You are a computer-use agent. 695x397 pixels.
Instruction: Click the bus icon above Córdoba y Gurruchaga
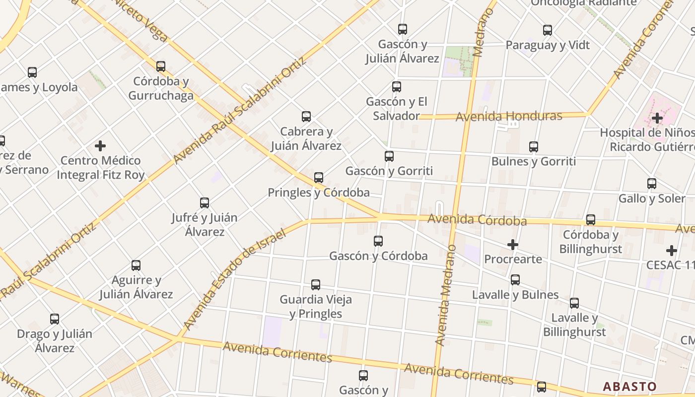(x=161, y=66)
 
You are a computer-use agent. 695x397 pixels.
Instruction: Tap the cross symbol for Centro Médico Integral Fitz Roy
(x=100, y=146)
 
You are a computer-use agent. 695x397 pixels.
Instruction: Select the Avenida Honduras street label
(x=509, y=117)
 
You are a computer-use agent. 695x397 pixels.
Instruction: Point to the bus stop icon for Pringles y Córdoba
(x=319, y=177)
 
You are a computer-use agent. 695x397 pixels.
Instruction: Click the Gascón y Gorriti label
(x=389, y=171)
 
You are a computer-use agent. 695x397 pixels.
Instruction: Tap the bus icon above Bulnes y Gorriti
(x=534, y=146)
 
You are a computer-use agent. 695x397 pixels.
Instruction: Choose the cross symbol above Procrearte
(x=513, y=245)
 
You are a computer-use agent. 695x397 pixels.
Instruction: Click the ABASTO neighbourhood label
(x=629, y=387)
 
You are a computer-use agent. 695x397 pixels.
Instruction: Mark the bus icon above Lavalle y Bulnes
(x=515, y=280)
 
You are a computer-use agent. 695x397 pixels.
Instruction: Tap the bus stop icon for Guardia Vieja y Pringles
(x=316, y=285)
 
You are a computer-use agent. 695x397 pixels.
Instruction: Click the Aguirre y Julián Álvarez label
(x=136, y=287)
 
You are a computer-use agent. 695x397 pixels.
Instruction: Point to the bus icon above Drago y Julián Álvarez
(x=55, y=319)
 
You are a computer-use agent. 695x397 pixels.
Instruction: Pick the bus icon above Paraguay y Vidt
(x=548, y=30)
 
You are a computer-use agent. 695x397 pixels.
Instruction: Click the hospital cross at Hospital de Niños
(x=657, y=118)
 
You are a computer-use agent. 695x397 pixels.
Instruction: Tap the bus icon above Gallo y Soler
(x=652, y=184)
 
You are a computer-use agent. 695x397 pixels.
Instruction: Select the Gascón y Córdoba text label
(x=378, y=256)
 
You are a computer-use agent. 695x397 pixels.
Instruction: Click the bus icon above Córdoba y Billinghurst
(x=590, y=219)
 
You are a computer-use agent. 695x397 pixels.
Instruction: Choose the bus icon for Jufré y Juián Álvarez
(x=205, y=202)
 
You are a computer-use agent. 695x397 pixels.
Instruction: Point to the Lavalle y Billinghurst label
(x=574, y=325)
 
